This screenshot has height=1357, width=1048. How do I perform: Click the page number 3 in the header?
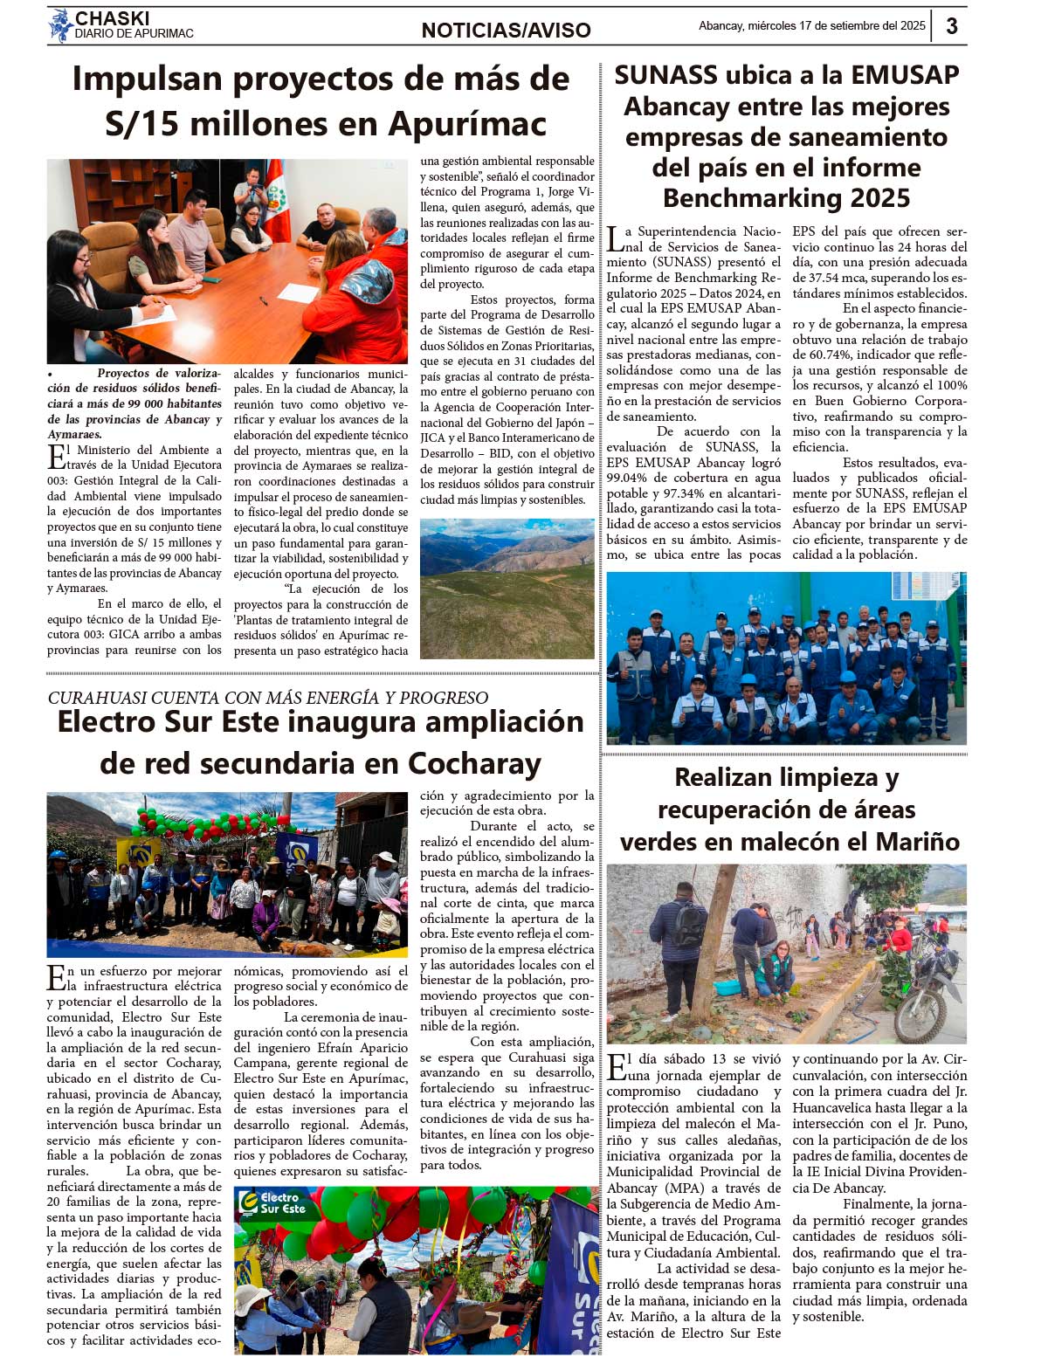[x=952, y=25]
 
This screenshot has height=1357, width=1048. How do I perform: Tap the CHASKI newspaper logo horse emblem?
[x=59, y=25]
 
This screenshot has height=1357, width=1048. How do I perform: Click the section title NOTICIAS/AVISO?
[x=506, y=31]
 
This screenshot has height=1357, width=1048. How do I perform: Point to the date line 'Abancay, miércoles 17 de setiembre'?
[x=811, y=26]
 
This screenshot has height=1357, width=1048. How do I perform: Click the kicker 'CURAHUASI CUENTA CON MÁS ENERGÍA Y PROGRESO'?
[x=267, y=698]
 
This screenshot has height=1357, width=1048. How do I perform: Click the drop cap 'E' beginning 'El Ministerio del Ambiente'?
[x=56, y=457]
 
